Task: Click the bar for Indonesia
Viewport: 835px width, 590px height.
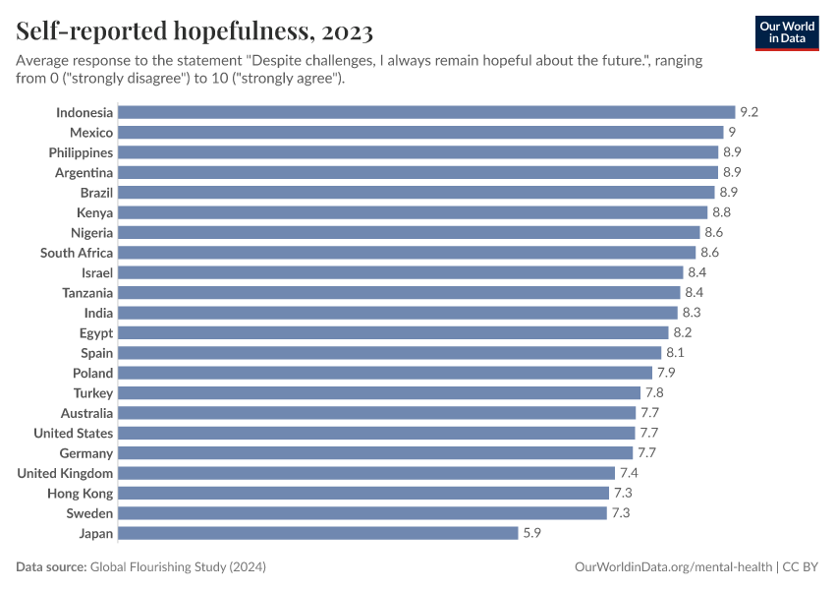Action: (x=426, y=112)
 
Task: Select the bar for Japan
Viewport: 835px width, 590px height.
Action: (x=318, y=533)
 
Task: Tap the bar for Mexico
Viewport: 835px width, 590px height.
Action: (x=420, y=133)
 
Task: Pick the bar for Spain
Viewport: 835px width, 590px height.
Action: (x=390, y=353)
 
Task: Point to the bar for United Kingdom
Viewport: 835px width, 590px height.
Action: (x=366, y=473)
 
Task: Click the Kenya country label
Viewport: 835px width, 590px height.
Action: (x=94, y=212)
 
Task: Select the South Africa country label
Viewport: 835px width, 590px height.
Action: (x=77, y=253)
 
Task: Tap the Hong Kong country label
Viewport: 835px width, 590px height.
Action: (x=80, y=494)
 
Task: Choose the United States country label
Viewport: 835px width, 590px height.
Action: (x=73, y=433)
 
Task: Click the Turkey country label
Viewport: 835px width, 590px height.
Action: (x=93, y=393)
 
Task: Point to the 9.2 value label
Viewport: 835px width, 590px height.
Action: (x=749, y=112)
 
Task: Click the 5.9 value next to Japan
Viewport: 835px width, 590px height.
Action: (x=531, y=533)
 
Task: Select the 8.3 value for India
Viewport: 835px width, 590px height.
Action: (x=691, y=313)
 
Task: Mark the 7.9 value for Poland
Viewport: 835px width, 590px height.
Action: (x=665, y=373)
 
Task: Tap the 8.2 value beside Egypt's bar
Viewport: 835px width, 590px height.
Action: (x=683, y=333)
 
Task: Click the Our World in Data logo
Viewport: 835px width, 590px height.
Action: (x=786, y=32)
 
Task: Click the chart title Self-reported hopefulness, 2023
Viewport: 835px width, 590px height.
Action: (x=195, y=32)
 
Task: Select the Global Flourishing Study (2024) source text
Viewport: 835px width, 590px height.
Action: (x=178, y=567)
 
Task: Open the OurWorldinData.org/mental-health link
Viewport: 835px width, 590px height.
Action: (x=673, y=567)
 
